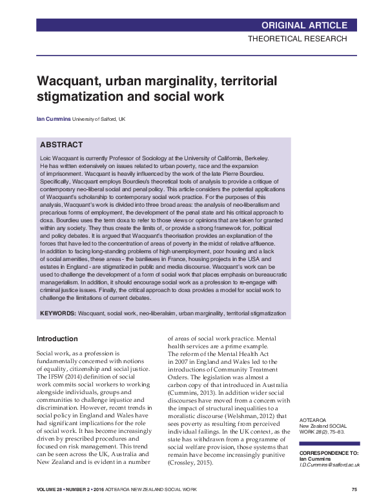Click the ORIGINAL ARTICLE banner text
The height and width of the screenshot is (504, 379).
point(304,25)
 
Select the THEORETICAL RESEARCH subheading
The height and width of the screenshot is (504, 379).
point(298,39)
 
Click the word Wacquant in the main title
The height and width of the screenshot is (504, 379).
point(67,82)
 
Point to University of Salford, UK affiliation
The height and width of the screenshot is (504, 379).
point(99,120)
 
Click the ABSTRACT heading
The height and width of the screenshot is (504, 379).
point(61,145)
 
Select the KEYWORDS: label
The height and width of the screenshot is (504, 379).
point(58,313)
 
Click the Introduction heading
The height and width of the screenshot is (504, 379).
point(57,339)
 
